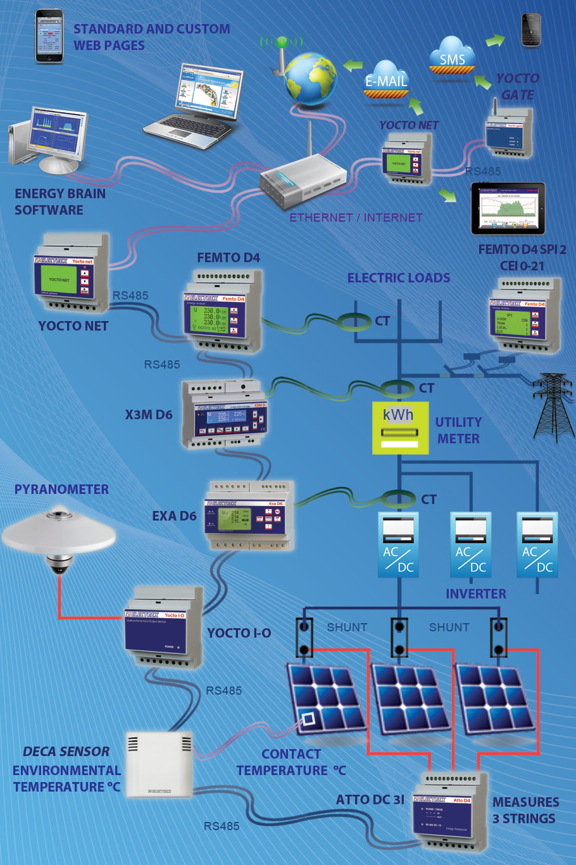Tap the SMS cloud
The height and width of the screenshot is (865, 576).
(x=452, y=59)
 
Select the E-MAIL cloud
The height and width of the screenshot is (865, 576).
(x=386, y=80)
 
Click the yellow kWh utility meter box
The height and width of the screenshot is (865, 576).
(x=400, y=427)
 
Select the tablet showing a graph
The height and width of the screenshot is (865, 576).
(x=508, y=208)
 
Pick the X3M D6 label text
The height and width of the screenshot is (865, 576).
(x=148, y=415)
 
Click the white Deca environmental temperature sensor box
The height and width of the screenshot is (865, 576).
(x=158, y=765)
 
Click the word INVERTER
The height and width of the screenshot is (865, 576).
(x=475, y=593)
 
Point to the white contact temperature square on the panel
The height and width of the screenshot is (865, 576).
(x=308, y=719)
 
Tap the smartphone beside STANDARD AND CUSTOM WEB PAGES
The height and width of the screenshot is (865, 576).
(x=49, y=35)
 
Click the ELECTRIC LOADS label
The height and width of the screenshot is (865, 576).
(x=398, y=277)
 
